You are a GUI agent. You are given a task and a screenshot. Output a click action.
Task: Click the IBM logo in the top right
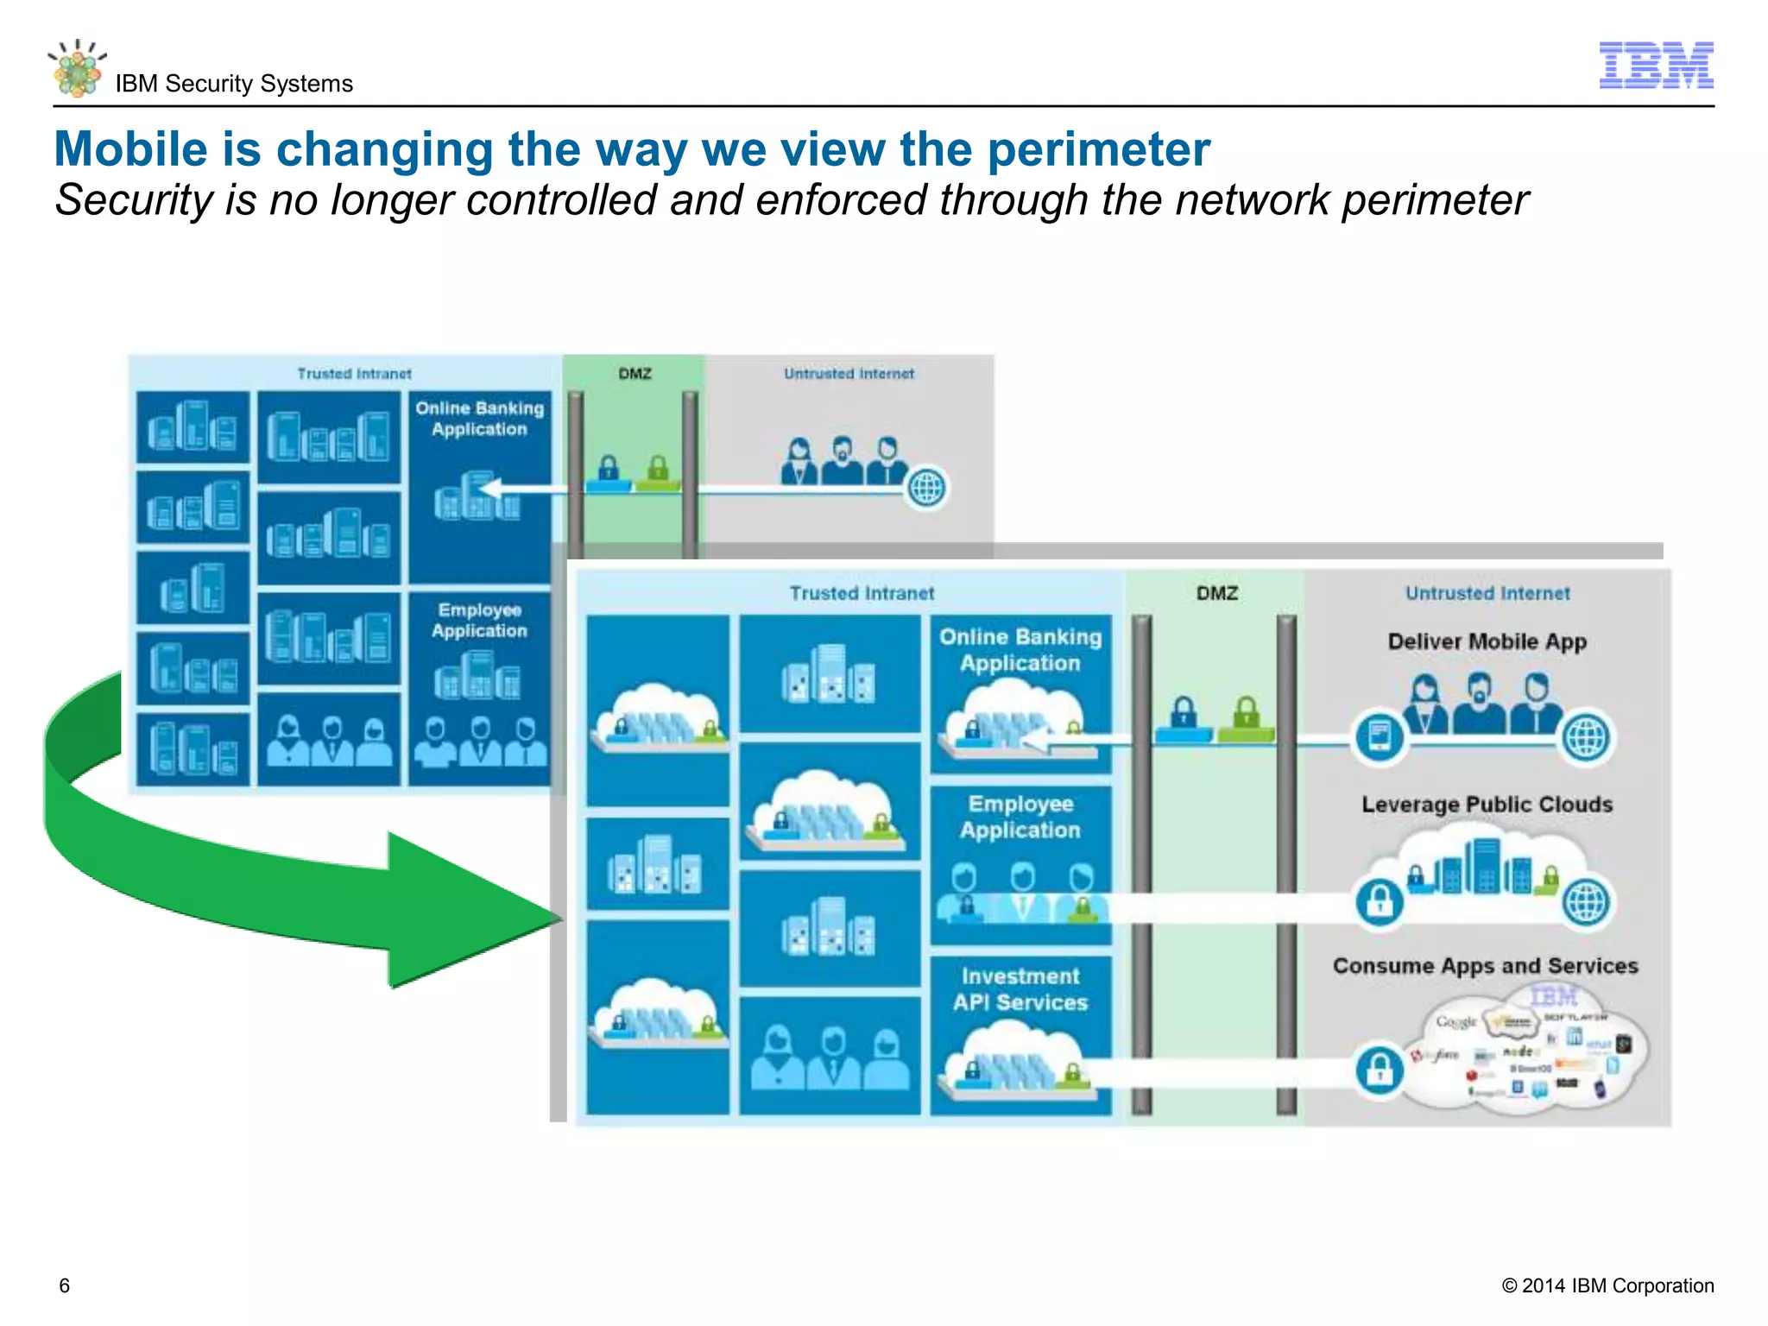tap(1655, 65)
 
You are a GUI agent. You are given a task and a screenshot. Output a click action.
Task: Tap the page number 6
tap(64, 1285)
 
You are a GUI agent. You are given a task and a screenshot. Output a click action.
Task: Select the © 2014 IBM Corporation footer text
tap(1607, 1285)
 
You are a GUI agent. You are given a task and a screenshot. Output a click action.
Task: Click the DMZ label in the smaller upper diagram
tap(635, 374)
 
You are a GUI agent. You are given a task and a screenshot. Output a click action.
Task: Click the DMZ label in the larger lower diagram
tap(1216, 593)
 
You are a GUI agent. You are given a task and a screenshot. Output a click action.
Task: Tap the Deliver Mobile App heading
tap(1487, 641)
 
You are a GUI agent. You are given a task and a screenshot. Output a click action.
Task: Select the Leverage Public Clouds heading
tap(1487, 805)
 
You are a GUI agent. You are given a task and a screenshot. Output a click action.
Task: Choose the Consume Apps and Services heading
tap(1485, 966)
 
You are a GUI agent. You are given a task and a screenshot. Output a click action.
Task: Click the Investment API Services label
tap(1020, 989)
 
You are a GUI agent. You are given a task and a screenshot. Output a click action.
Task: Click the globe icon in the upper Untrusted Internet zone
tap(926, 488)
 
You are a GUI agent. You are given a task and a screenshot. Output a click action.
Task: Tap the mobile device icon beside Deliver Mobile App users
tap(1379, 736)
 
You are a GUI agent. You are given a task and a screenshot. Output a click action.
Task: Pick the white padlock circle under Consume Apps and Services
tap(1379, 1070)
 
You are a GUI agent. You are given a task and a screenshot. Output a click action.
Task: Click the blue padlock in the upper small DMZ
tap(609, 469)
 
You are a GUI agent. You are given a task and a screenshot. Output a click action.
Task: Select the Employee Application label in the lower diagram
tap(1020, 817)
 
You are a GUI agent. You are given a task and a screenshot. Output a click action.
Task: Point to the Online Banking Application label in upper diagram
tap(479, 419)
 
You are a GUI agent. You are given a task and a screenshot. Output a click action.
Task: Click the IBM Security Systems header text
tap(234, 84)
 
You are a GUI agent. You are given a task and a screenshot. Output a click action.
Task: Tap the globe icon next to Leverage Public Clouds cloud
tap(1587, 901)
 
